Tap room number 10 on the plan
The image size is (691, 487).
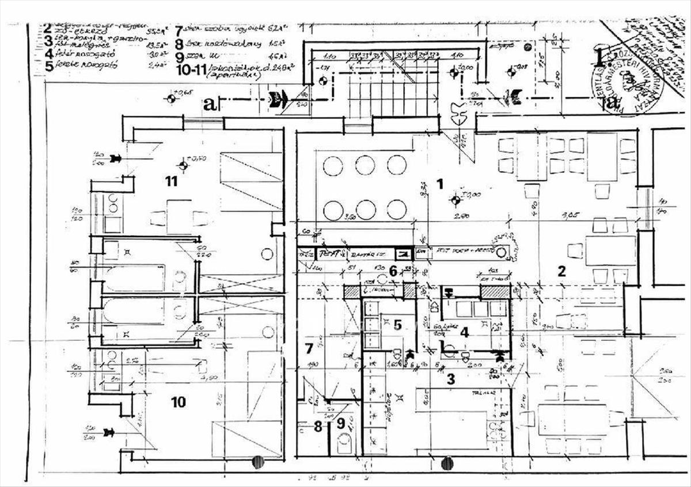(179, 402)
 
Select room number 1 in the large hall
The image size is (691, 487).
(440, 184)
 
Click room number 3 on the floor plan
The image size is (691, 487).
(451, 379)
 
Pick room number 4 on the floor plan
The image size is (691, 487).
(464, 332)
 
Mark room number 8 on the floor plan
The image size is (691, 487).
(318, 427)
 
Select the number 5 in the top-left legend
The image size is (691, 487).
(49, 65)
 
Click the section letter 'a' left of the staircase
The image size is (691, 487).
(210, 104)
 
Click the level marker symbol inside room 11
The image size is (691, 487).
(184, 166)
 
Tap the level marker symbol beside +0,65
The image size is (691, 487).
(170, 98)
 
